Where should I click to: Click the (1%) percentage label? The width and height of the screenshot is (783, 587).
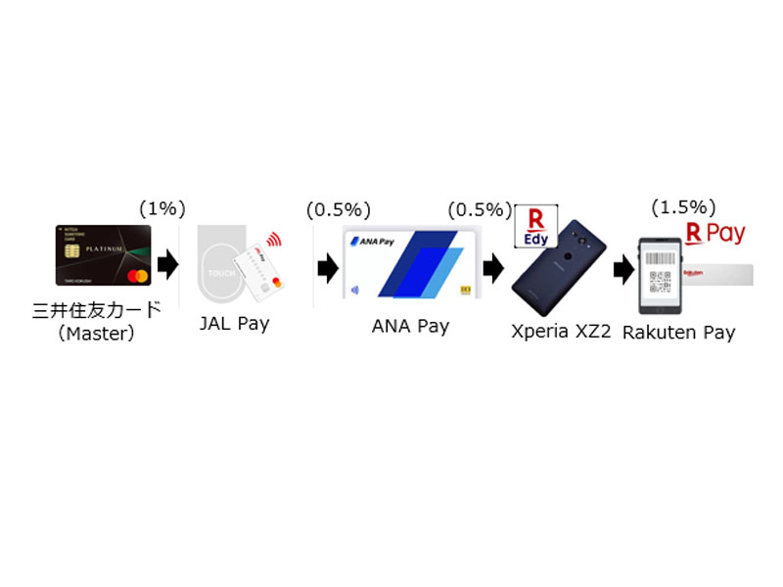161,208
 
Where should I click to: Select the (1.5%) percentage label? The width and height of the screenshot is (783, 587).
683,207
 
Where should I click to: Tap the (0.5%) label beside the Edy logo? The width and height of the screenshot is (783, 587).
480,209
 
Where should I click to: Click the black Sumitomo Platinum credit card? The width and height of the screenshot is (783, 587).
104,255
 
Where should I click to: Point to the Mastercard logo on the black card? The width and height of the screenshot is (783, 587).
137,277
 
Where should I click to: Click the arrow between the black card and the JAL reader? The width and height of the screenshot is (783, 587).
167,263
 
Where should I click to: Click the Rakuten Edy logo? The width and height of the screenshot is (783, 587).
536,227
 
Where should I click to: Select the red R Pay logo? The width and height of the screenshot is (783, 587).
714,234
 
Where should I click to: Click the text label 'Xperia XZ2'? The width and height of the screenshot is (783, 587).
561,332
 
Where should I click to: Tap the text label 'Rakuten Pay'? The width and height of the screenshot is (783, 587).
678,333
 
